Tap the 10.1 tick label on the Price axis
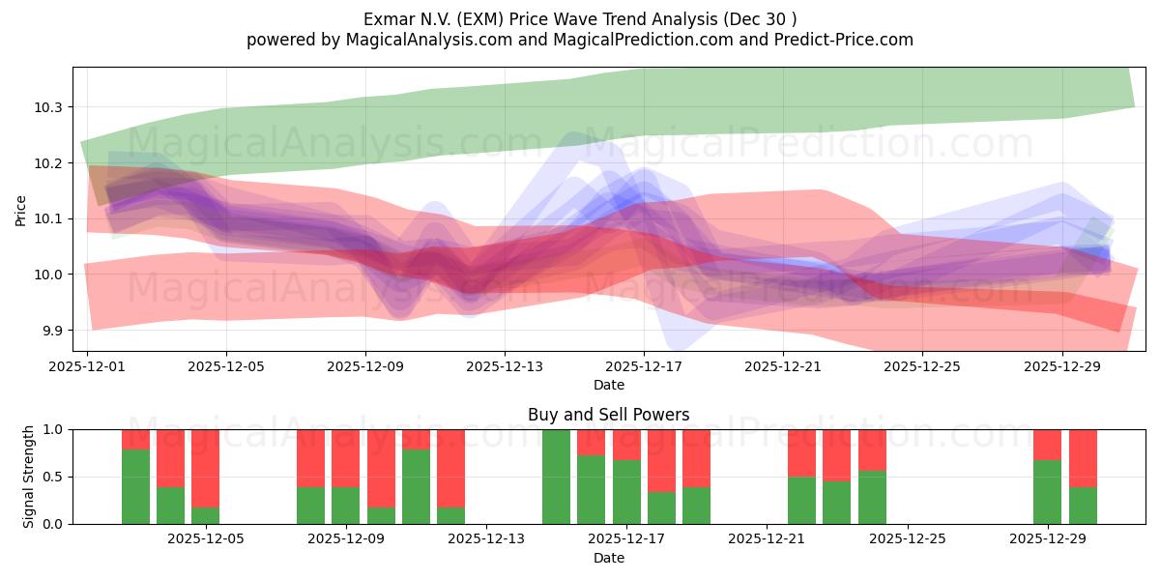(x=49, y=219)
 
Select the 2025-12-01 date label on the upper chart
(x=87, y=367)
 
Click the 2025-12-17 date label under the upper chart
(x=644, y=367)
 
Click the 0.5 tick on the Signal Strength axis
(x=52, y=477)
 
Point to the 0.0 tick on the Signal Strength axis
(x=52, y=524)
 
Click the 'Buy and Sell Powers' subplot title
(x=608, y=415)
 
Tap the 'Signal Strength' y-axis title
(x=29, y=477)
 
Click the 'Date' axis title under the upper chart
(x=608, y=385)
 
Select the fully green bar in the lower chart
(x=556, y=477)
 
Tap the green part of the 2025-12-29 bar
(x=1047, y=492)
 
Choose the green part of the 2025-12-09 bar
(x=345, y=506)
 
